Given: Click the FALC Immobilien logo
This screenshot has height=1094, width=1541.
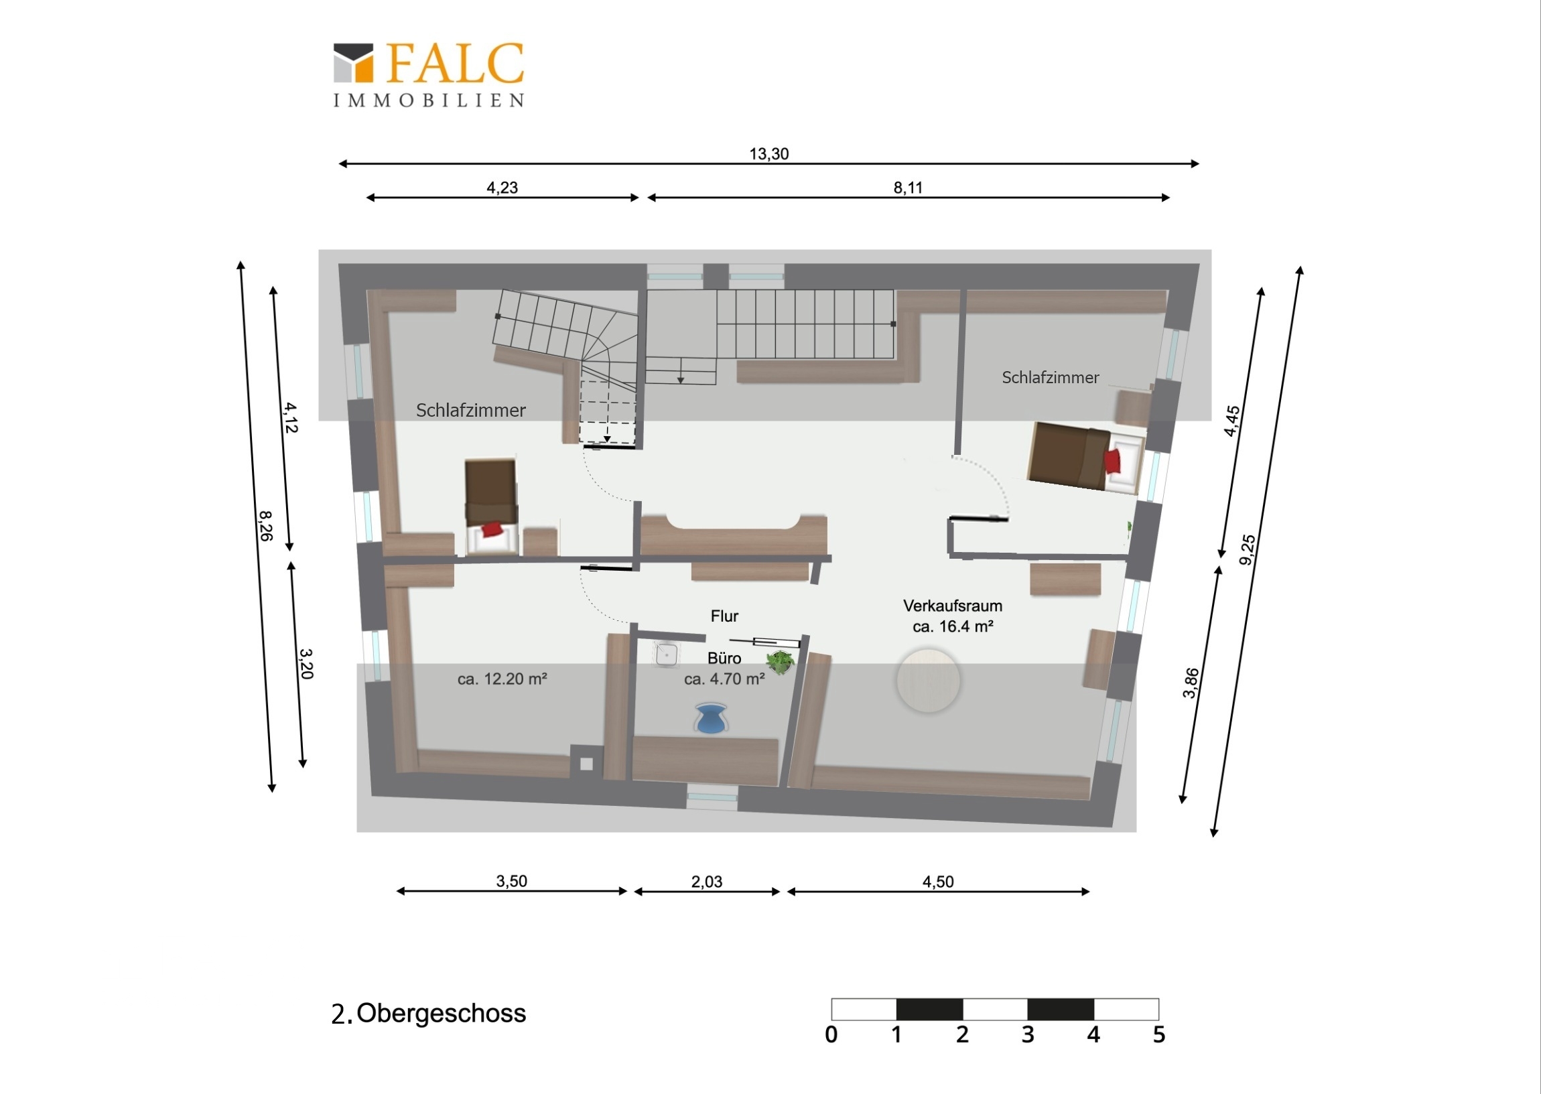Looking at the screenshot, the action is pyautogui.click(x=429, y=75).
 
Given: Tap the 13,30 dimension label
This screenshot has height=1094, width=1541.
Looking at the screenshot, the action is pyautogui.click(x=768, y=154).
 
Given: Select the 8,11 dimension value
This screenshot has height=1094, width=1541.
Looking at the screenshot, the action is pyautogui.click(x=907, y=188).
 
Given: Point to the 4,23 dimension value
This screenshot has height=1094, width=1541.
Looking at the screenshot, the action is pyautogui.click(x=502, y=188).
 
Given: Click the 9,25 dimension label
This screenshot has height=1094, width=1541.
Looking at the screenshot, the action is pyautogui.click(x=1248, y=550).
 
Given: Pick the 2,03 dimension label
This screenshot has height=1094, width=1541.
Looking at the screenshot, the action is pyautogui.click(x=707, y=882).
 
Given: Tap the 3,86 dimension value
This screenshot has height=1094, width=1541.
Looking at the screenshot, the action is pyautogui.click(x=1191, y=683).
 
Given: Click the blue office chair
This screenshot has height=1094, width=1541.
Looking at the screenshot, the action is pyautogui.click(x=711, y=718).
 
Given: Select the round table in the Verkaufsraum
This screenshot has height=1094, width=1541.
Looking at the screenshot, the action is pyautogui.click(x=928, y=681).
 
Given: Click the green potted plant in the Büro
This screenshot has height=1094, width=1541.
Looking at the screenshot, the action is pyautogui.click(x=780, y=661).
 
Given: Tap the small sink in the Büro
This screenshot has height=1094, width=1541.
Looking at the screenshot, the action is pyautogui.click(x=666, y=654).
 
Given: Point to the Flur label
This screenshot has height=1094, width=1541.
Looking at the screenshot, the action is pyautogui.click(x=724, y=616).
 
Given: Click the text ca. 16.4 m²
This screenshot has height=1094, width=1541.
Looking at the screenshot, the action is pyautogui.click(x=953, y=626).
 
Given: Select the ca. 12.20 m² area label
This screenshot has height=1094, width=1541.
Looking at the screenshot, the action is pyautogui.click(x=502, y=679).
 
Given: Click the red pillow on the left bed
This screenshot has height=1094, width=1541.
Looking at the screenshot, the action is pyautogui.click(x=492, y=529).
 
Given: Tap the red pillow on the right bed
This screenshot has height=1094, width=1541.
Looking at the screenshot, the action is pyautogui.click(x=1112, y=462).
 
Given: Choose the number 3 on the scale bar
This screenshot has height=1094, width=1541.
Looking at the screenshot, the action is pyautogui.click(x=1027, y=1035).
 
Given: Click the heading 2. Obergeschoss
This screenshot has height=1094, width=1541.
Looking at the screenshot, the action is pyautogui.click(x=428, y=1014).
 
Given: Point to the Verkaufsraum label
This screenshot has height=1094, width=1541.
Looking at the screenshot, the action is pyautogui.click(x=952, y=606).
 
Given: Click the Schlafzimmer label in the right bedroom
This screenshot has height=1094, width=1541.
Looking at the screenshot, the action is pyautogui.click(x=1050, y=378).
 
